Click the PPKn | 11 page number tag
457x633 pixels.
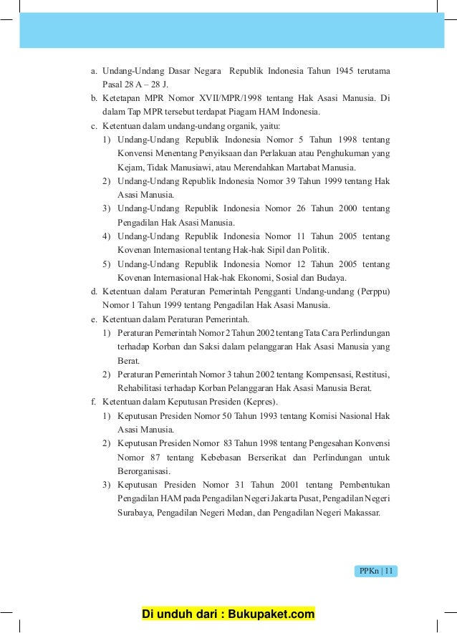coord(376,571)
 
